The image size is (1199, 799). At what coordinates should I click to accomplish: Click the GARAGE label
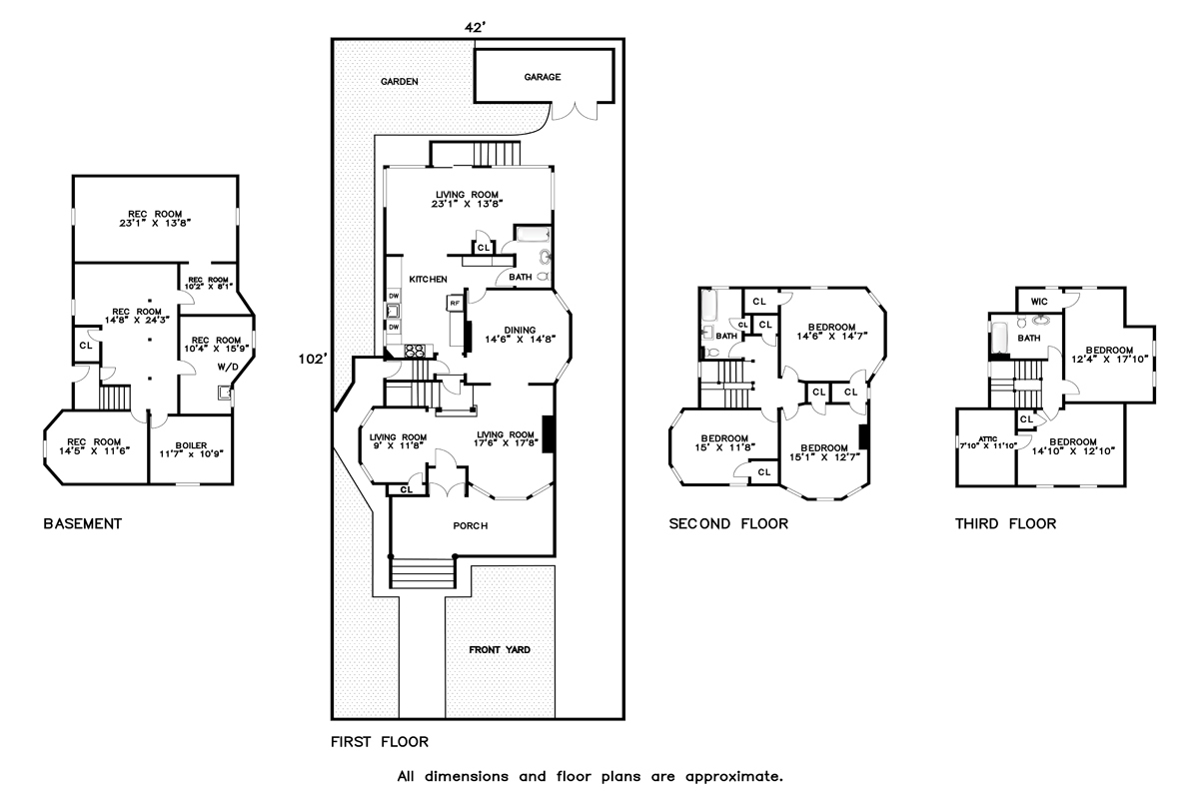tap(543, 77)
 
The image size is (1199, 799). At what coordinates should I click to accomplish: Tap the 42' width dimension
tap(476, 28)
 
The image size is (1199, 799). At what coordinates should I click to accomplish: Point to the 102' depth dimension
tap(311, 359)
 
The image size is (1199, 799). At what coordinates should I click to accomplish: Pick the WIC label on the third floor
tap(1038, 301)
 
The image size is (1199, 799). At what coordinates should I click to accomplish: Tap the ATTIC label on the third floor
tap(988, 437)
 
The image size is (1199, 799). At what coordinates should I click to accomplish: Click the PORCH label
tap(470, 526)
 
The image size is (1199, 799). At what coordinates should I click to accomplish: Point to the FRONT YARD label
tap(500, 650)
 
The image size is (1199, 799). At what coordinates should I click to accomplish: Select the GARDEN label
tap(399, 82)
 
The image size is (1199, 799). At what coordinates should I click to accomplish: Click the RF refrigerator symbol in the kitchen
tap(455, 302)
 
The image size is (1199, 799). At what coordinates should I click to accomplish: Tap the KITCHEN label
tap(427, 279)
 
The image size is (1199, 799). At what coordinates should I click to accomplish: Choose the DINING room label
tap(519, 331)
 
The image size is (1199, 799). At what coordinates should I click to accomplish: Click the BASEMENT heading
tap(83, 523)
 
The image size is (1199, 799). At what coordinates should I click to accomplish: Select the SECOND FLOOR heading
tap(728, 523)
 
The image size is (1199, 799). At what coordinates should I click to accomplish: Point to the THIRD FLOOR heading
tap(1005, 523)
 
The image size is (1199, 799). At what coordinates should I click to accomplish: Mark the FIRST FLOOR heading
tap(380, 742)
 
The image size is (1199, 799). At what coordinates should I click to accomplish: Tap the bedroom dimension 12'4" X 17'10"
tap(1108, 359)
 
